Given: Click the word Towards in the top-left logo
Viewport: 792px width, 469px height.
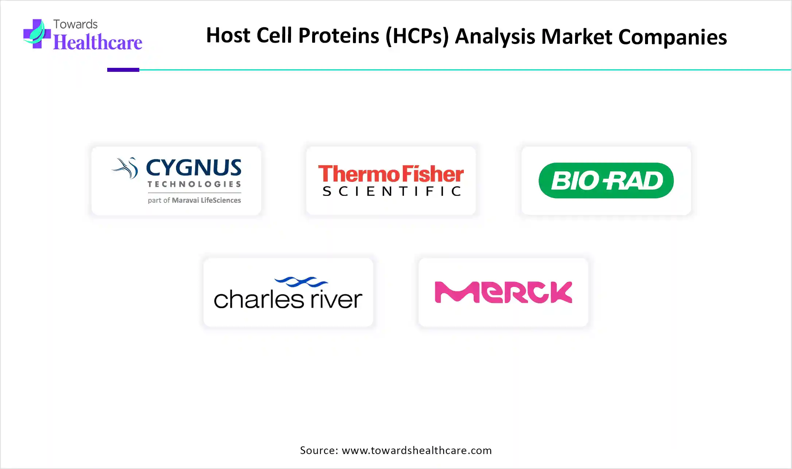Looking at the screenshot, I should [75, 24].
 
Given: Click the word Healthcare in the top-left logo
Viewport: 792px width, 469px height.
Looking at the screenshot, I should [98, 43].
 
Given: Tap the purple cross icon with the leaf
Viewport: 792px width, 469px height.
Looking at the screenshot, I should [36, 34].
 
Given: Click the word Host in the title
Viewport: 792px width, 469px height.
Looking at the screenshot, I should [228, 35].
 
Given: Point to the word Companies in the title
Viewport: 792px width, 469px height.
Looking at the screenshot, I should [672, 37].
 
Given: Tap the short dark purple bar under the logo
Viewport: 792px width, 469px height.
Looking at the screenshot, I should [123, 70].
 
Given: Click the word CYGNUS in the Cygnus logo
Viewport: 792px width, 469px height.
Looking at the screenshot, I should [194, 168].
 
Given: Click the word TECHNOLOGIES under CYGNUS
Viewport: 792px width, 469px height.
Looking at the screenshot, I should [194, 185].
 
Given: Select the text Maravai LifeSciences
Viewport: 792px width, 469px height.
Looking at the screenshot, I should [206, 200].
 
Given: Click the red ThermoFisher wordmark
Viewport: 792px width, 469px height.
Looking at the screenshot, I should [391, 174].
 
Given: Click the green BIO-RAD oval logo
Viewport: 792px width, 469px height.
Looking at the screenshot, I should [606, 181].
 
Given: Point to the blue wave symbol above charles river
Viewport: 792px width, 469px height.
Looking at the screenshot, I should [301, 282].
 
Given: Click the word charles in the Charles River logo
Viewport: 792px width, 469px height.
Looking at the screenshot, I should [259, 300].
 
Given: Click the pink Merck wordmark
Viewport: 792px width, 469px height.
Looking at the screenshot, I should [503, 292].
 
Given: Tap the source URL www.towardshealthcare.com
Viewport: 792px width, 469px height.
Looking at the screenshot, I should [416, 450].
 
